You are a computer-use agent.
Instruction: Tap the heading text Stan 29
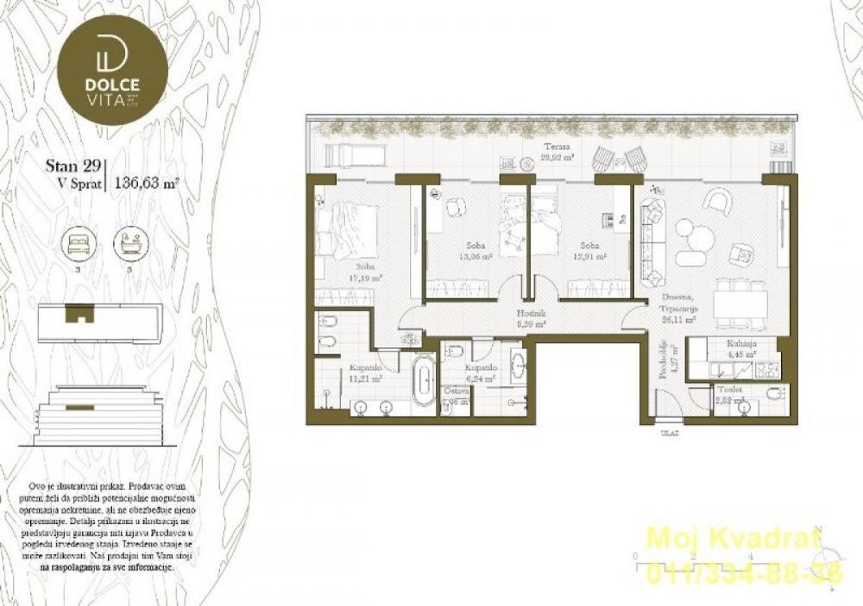73,167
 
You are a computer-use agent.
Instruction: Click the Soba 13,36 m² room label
476,251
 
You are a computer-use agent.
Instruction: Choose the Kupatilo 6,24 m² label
483,372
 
